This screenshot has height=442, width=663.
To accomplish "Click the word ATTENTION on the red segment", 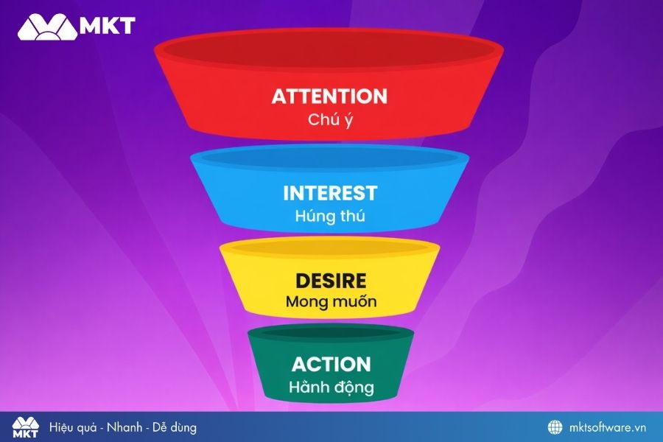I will [329, 97].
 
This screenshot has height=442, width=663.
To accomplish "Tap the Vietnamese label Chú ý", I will [330, 120].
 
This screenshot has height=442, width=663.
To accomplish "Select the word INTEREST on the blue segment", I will [329, 194].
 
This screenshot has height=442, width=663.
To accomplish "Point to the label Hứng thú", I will [330, 217].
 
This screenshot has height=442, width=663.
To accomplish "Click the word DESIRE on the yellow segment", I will [330, 281].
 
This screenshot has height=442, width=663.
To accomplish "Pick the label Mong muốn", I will [330, 301].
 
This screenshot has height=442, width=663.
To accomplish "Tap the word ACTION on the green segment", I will [331, 364].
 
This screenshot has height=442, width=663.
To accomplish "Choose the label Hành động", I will [331, 387].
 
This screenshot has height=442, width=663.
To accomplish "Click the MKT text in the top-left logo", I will [108, 26].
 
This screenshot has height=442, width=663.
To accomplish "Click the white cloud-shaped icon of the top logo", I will [46, 26].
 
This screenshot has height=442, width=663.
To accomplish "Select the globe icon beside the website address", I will [555, 427].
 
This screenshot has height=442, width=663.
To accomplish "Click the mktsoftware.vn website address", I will [608, 427].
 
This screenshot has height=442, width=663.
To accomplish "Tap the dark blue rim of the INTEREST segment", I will [329, 158].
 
